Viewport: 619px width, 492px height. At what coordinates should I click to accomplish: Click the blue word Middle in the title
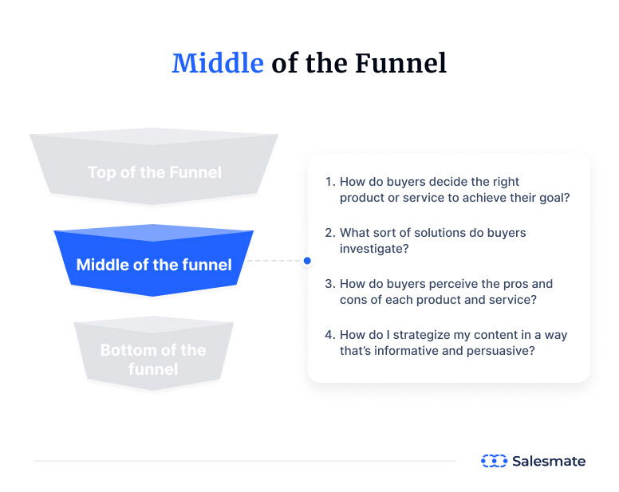click(217, 63)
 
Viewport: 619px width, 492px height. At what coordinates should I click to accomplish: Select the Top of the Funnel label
click(154, 172)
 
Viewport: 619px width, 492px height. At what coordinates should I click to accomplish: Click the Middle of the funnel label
click(154, 265)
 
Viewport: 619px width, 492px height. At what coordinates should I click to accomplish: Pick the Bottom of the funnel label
click(153, 360)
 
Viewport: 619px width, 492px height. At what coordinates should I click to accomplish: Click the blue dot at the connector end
click(307, 261)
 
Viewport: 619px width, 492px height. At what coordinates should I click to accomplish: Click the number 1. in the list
click(330, 182)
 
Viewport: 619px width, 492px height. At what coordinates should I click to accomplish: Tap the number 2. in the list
click(330, 233)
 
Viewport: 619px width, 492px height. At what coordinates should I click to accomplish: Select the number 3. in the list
click(330, 284)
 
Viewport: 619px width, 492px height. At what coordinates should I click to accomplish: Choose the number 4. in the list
click(330, 335)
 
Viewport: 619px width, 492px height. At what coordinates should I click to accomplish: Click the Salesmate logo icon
click(494, 461)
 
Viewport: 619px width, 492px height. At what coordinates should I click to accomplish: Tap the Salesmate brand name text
click(549, 461)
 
